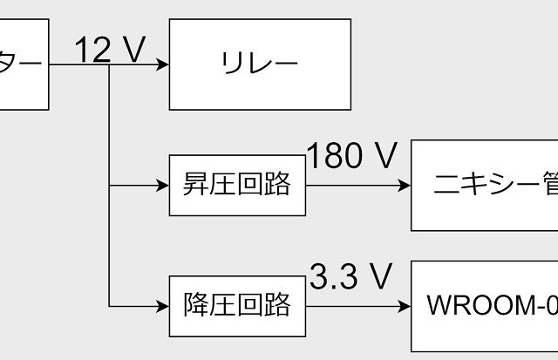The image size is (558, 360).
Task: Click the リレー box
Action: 260,65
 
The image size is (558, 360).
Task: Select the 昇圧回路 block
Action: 237,186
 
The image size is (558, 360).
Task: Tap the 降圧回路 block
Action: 237,306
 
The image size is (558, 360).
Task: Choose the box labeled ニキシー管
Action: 485,185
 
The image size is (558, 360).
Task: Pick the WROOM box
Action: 485,306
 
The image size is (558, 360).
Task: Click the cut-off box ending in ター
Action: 21,65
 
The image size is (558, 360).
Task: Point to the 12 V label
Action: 108,51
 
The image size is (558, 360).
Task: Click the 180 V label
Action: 351,157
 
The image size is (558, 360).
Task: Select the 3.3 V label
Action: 350,278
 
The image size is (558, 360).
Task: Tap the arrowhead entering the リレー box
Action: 163,65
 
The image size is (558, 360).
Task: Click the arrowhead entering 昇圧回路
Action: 163,186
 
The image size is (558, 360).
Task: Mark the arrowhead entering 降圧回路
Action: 163,306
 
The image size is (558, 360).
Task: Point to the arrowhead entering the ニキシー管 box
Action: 405,186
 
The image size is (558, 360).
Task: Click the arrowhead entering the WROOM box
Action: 405,306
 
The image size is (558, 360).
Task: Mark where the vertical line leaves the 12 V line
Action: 109,65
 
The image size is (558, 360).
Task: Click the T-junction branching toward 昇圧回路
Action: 109,186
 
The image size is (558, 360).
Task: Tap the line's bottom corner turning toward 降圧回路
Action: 109,306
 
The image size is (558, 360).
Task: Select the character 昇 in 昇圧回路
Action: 195,186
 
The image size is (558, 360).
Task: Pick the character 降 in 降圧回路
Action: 195,306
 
